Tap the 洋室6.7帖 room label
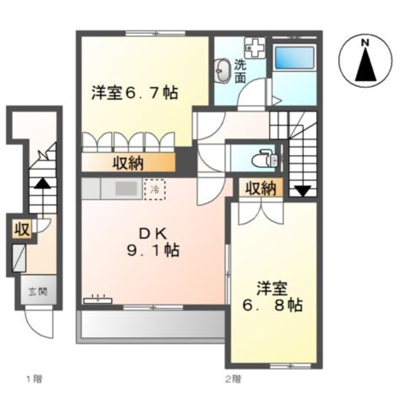[135, 92]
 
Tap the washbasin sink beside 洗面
[221, 69]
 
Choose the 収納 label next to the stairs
[260, 188]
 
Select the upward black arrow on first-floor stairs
[42, 182]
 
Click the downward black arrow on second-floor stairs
[302, 190]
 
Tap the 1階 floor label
[34, 379]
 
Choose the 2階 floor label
[233, 379]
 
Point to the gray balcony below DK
[152, 326]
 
